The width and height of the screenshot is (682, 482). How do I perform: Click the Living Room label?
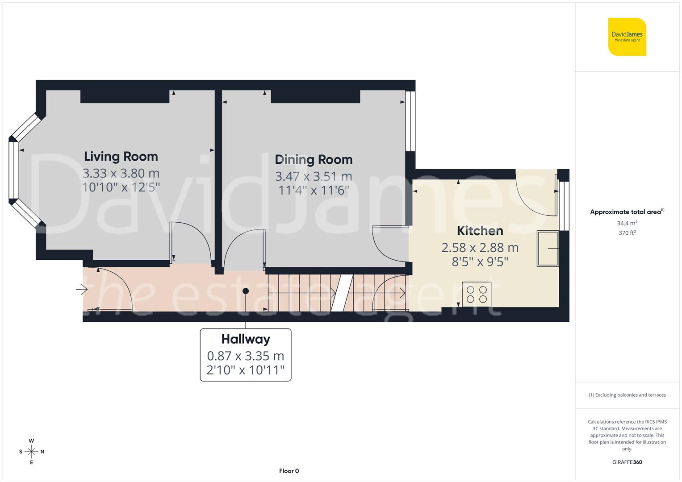(121, 157)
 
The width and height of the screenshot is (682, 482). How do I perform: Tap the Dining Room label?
(314, 160)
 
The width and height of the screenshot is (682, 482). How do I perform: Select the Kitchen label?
(480, 231)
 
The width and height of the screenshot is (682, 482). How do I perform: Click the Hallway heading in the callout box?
(246, 339)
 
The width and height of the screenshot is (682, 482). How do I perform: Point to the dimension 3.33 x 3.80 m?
(121, 173)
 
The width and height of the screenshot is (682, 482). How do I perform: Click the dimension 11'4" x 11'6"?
(314, 191)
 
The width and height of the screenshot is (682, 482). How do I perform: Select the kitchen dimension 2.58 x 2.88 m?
(480, 247)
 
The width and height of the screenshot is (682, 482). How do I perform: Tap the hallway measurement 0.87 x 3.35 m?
(246, 356)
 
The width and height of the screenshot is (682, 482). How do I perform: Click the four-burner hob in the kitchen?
(477, 294)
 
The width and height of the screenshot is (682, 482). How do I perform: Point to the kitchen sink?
(548, 249)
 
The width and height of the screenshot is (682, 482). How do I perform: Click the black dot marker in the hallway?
(245, 291)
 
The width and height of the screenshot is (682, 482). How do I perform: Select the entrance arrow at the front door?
(82, 290)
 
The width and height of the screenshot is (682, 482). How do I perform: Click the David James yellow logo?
(627, 37)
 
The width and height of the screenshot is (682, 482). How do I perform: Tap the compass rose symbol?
(31, 452)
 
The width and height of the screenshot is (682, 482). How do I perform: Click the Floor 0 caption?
(289, 471)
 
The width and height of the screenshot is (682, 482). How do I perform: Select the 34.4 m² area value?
(627, 223)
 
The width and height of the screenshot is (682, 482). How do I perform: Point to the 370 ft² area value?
(627, 233)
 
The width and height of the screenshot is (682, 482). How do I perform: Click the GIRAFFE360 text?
(627, 462)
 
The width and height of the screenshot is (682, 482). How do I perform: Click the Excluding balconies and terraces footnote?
(627, 395)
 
